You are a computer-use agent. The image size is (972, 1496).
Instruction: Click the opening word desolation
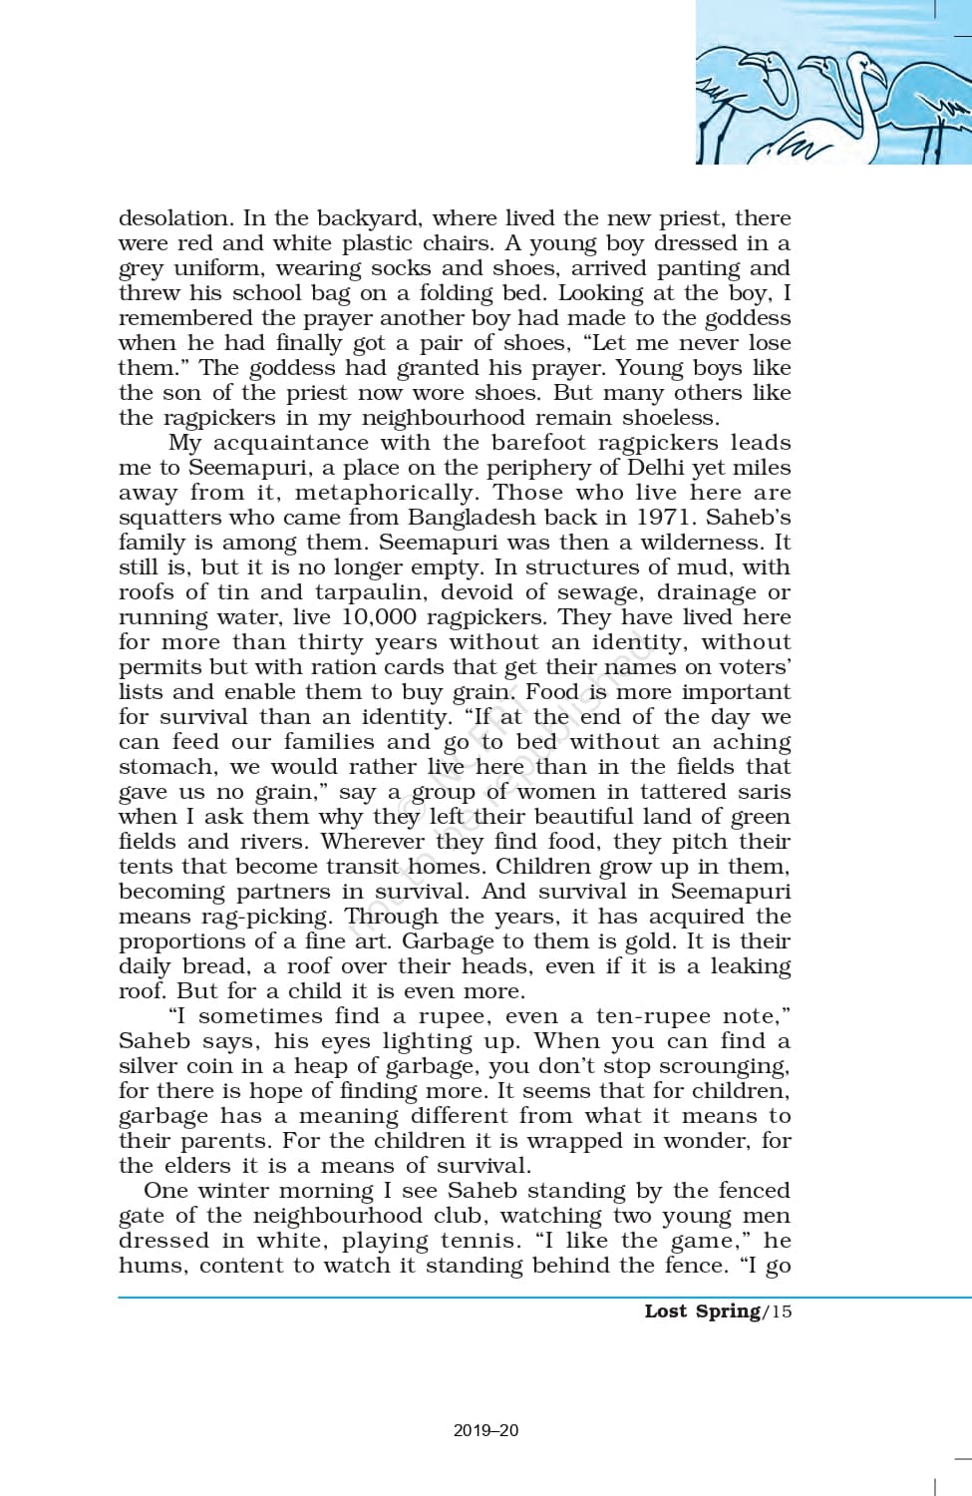tap(174, 218)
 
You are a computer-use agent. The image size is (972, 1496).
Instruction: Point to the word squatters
tap(170, 518)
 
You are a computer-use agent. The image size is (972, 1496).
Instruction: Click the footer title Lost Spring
tap(702, 1310)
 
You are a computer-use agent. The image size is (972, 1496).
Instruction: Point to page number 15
tap(781, 1310)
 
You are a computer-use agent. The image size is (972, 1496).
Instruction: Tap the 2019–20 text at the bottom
tap(486, 1430)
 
